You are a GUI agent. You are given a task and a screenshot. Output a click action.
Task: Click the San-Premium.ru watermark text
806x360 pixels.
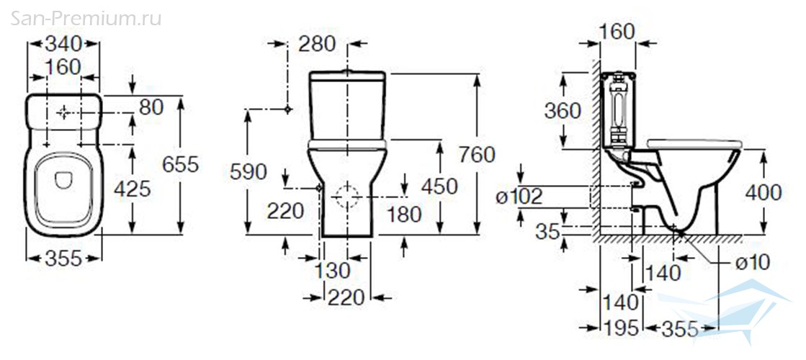click(x=86, y=18)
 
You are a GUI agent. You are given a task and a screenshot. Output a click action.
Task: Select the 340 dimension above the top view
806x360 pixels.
click(x=63, y=44)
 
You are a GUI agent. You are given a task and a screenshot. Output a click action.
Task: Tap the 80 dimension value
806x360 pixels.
click(x=151, y=107)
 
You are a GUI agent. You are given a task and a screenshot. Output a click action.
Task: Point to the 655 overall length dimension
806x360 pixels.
click(x=180, y=164)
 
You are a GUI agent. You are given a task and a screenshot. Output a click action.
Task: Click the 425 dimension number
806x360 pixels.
click(x=133, y=189)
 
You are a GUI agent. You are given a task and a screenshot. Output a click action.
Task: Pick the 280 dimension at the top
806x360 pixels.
click(x=317, y=44)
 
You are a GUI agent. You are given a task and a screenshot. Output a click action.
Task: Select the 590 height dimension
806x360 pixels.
click(x=248, y=172)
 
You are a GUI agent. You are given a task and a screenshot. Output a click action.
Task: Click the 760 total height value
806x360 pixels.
click(x=477, y=154)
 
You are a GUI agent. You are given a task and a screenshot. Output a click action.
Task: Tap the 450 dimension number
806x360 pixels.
click(x=439, y=186)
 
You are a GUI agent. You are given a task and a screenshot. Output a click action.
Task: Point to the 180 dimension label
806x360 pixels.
click(x=404, y=214)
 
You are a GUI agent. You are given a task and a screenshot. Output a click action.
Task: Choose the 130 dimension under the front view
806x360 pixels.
click(x=332, y=270)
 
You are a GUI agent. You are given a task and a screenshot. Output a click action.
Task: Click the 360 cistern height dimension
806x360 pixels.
click(x=563, y=110)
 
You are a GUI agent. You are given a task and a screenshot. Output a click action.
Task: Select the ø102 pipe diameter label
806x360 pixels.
click(x=519, y=196)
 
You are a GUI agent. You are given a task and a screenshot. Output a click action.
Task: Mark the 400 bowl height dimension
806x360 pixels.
click(x=763, y=192)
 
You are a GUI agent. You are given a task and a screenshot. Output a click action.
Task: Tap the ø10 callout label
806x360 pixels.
click(x=753, y=263)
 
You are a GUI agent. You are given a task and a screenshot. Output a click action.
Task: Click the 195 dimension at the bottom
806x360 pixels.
click(x=620, y=328)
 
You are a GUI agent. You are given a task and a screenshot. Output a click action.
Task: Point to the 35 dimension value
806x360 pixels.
click(x=547, y=232)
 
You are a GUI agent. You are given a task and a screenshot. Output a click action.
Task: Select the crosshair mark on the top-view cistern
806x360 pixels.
click(x=63, y=112)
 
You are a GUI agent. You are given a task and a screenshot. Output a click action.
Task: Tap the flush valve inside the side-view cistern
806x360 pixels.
click(x=617, y=110)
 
